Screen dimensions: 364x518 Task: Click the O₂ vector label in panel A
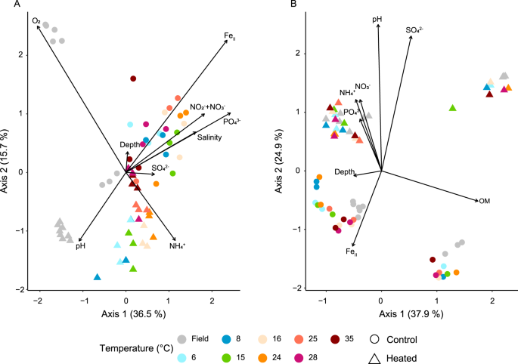click(36, 21)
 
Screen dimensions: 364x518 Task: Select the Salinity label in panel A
click(209, 137)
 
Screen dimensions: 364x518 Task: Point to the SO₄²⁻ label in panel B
click(414, 30)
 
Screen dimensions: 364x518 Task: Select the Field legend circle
click(181, 338)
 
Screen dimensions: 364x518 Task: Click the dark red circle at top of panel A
click(133, 79)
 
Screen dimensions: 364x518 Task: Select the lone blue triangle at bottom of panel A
click(97, 277)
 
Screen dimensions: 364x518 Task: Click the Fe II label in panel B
click(352, 251)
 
